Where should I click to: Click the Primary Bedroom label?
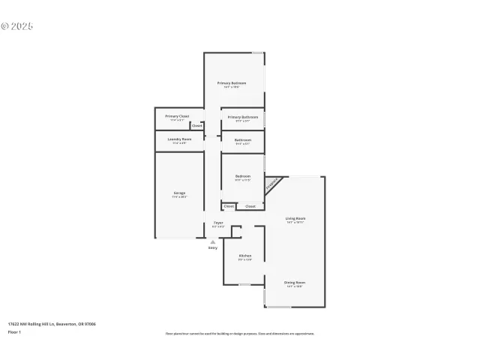[x=232, y=82]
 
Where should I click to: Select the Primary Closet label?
[x=177, y=116]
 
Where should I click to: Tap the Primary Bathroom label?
[x=243, y=117]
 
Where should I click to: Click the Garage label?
[x=179, y=193]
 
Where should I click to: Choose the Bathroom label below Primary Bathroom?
[x=242, y=139]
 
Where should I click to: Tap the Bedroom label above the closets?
[x=242, y=176]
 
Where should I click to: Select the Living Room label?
[x=295, y=218]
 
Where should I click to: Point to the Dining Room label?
[x=295, y=283]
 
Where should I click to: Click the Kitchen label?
[x=244, y=256]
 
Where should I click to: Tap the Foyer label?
[x=218, y=223]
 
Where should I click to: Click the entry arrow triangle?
[x=213, y=242]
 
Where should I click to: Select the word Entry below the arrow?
[x=213, y=248]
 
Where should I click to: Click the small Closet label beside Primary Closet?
[x=196, y=126]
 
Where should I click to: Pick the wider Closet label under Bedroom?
[x=250, y=206]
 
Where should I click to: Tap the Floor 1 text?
[x=15, y=331]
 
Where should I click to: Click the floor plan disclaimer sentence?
[x=239, y=334]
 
